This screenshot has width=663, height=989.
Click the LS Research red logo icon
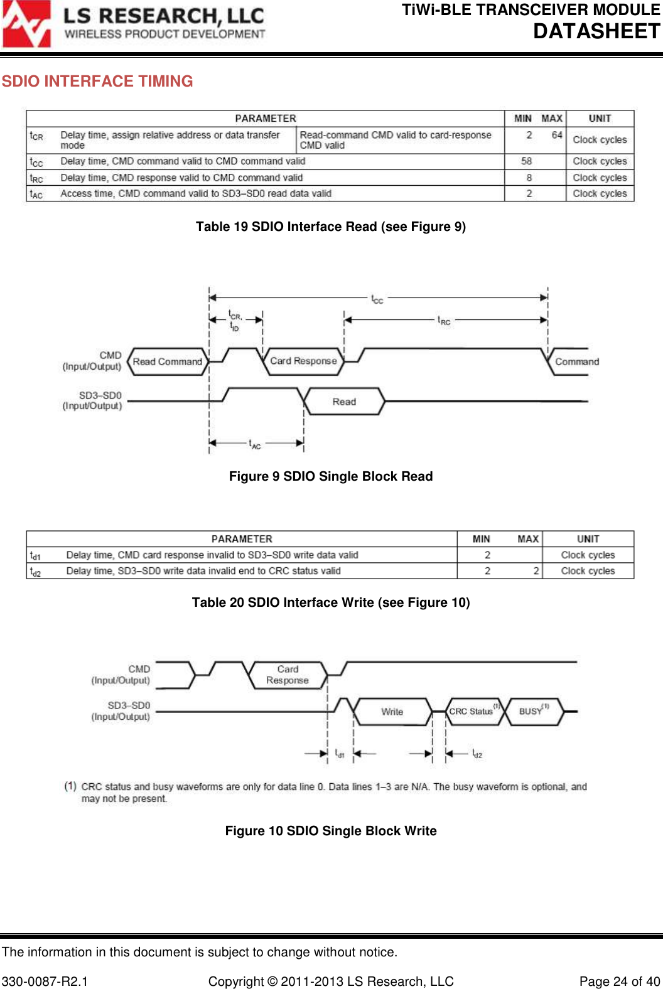[x=26, y=24]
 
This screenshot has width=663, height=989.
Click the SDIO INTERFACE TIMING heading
[x=97, y=82]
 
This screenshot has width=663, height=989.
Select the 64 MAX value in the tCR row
[x=557, y=135]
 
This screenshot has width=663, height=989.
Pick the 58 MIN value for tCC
[x=526, y=161]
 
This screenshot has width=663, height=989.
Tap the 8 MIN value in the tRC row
[x=529, y=178]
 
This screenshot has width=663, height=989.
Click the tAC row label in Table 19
[x=36, y=194]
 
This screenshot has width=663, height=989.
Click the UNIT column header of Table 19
[x=600, y=118]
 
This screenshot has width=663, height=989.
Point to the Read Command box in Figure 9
[x=168, y=361]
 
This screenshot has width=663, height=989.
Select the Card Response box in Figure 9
[x=303, y=361]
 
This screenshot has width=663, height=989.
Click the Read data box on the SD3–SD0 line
[x=344, y=402]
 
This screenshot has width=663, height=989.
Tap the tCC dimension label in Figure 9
[x=377, y=299]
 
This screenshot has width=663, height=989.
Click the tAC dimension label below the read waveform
[x=255, y=444]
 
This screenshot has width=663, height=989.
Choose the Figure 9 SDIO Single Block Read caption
[x=331, y=476]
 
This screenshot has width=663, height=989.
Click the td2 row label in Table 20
[x=35, y=572]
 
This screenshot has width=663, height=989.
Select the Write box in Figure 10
[x=392, y=712]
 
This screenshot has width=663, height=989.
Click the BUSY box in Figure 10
[x=532, y=711]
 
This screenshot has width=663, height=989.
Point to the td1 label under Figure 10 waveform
[x=340, y=753]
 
